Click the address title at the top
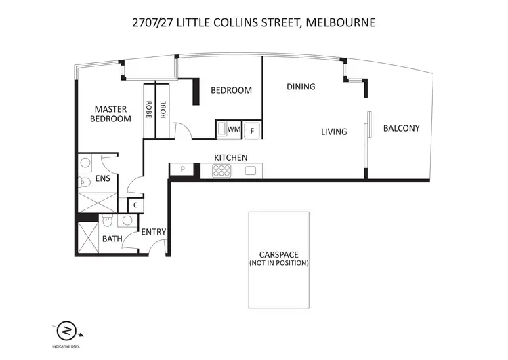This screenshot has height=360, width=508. [x=253, y=22]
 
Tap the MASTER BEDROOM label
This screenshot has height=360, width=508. [x=112, y=114]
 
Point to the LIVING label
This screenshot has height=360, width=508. [x=334, y=132]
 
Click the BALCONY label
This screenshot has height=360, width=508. [x=401, y=128]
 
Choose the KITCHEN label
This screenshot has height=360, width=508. [x=230, y=157]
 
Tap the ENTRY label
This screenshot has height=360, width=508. [x=154, y=232]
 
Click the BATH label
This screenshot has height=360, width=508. [x=112, y=239]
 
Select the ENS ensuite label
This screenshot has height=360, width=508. [x=102, y=179]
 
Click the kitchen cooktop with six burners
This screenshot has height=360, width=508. [x=222, y=172]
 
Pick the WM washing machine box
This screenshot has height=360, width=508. [x=234, y=129]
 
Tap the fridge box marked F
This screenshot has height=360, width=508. [x=252, y=129]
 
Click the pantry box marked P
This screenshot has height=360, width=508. [x=183, y=169]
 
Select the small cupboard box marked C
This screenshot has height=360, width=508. [x=135, y=205]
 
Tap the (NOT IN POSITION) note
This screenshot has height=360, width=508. [x=279, y=262]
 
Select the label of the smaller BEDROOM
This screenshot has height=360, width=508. [x=231, y=90]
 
